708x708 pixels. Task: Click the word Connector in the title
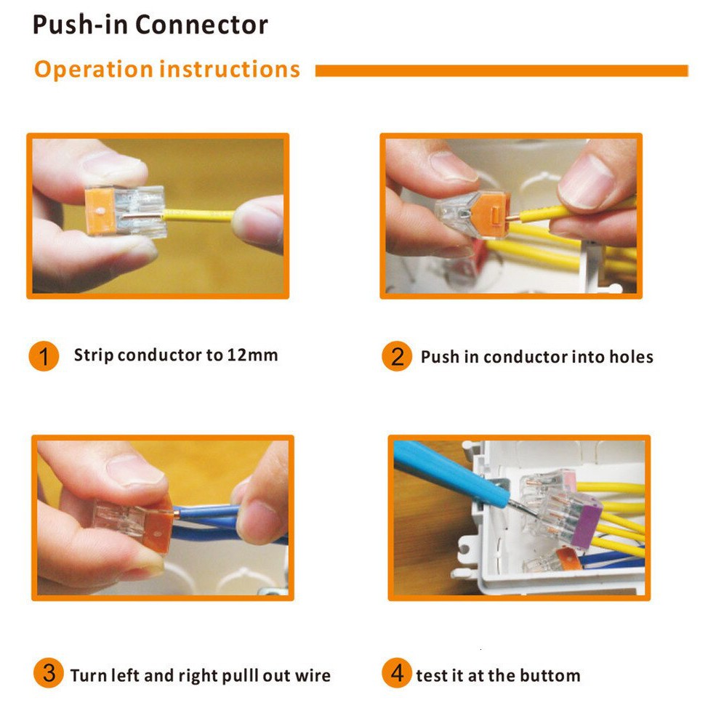click(201, 25)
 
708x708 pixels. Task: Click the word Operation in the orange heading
click(94, 70)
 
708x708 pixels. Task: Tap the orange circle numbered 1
click(44, 356)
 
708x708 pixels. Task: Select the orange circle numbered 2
click(397, 356)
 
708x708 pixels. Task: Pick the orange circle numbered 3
click(48, 673)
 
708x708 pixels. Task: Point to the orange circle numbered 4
click(397, 673)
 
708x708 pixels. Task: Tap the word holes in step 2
click(631, 357)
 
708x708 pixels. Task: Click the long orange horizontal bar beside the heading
click(502, 71)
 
